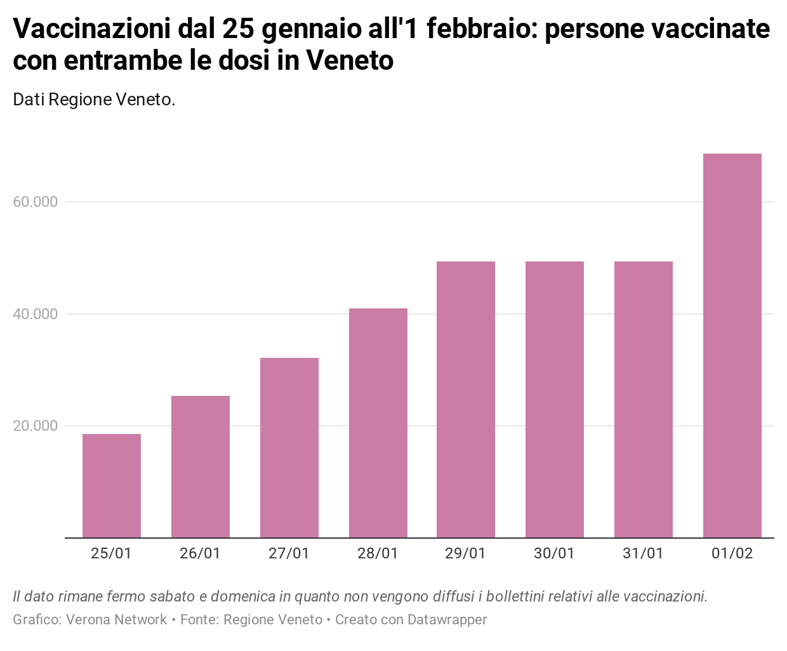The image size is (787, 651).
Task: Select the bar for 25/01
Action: click(112, 486)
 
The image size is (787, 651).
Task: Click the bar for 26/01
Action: click(201, 467)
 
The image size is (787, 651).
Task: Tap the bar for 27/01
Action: click(289, 448)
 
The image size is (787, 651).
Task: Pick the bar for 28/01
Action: click(378, 423)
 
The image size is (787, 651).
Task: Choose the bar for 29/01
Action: click(466, 400)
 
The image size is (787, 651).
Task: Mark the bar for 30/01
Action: click(555, 400)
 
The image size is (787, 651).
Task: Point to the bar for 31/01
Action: click(644, 400)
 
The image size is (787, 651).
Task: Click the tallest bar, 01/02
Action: click(732, 346)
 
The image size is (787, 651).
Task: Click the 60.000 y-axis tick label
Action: click(35, 202)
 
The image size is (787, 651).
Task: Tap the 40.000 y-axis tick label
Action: click(35, 315)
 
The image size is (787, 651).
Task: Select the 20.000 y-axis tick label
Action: click(35, 426)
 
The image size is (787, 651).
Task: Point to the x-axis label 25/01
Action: click(111, 554)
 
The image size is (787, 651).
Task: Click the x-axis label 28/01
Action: click(378, 554)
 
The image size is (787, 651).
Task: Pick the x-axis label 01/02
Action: click(732, 554)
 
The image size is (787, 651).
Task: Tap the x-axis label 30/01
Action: click(554, 554)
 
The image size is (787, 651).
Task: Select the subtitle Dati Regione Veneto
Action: click(94, 100)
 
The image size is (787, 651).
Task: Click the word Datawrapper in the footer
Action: click(447, 620)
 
